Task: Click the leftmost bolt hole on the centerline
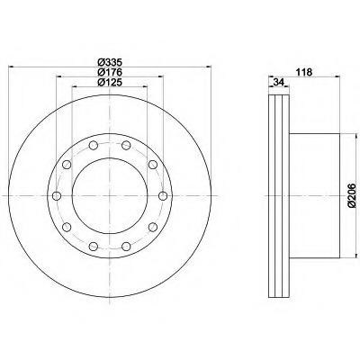(x=55, y=197)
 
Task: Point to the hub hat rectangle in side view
(x=315, y=197)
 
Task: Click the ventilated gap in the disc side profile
(x=279, y=197)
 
